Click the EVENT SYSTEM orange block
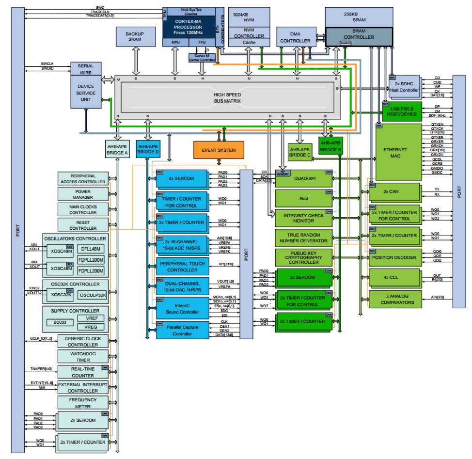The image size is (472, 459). [x=219, y=150]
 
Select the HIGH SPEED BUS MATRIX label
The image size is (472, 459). [x=227, y=97]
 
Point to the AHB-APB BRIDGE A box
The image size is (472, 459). [x=117, y=149]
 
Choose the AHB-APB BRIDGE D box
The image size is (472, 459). [x=148, y=149]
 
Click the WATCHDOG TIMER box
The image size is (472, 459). [x=83, y=357]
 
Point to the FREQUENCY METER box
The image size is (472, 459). [x=83, y=403]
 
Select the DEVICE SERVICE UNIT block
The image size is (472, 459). [x=86, y=93]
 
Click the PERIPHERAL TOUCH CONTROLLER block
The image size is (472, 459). [x=182, y=267]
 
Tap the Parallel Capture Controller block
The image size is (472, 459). [x=182, y=331]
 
